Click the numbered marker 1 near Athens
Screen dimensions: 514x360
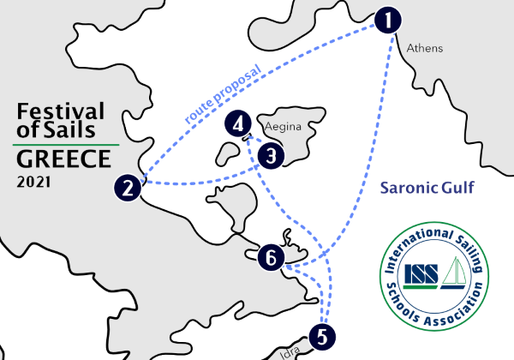388,20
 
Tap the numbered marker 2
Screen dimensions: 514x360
128,188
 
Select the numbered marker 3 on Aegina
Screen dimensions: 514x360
271,156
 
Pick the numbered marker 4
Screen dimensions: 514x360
238,123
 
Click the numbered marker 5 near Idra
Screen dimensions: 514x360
322,337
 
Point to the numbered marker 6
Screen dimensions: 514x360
271,257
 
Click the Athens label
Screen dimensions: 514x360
425,48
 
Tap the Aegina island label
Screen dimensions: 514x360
283,127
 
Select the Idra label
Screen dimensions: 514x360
290,353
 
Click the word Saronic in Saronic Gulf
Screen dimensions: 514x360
409,188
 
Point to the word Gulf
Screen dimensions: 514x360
457,187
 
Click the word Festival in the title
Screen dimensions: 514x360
61,111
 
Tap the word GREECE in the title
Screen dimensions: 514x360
64,159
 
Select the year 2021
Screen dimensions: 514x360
33,183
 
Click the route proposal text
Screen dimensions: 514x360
223,94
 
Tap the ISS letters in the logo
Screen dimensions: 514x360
421,274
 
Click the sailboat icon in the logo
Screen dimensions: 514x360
454,273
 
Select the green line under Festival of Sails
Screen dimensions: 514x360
66,144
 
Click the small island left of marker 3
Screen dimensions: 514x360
228,153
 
